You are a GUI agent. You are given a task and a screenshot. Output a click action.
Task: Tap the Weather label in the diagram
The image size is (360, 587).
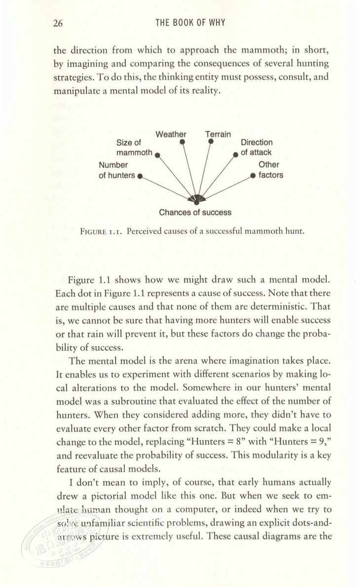coord(171,134)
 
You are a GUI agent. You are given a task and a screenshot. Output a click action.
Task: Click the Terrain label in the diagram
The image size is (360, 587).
coord(218,134)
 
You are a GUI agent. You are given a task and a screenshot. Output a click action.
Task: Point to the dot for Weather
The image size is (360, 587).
coord(182,142)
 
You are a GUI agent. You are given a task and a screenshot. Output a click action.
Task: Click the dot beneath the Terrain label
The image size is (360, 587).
coord(211,142)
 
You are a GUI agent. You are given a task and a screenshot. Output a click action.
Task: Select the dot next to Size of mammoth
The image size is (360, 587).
coord(156,154)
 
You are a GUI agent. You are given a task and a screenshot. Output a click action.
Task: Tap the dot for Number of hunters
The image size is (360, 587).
coord(140,176)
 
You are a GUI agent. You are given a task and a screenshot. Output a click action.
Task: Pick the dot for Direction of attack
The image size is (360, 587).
coord(236,154)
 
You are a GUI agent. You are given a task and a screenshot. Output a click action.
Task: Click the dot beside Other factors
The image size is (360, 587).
coord(252,176)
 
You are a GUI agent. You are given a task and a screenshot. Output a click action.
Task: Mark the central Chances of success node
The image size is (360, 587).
coord(196,201)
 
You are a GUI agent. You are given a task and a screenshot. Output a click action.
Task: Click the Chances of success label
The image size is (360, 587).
coord(195,213)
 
